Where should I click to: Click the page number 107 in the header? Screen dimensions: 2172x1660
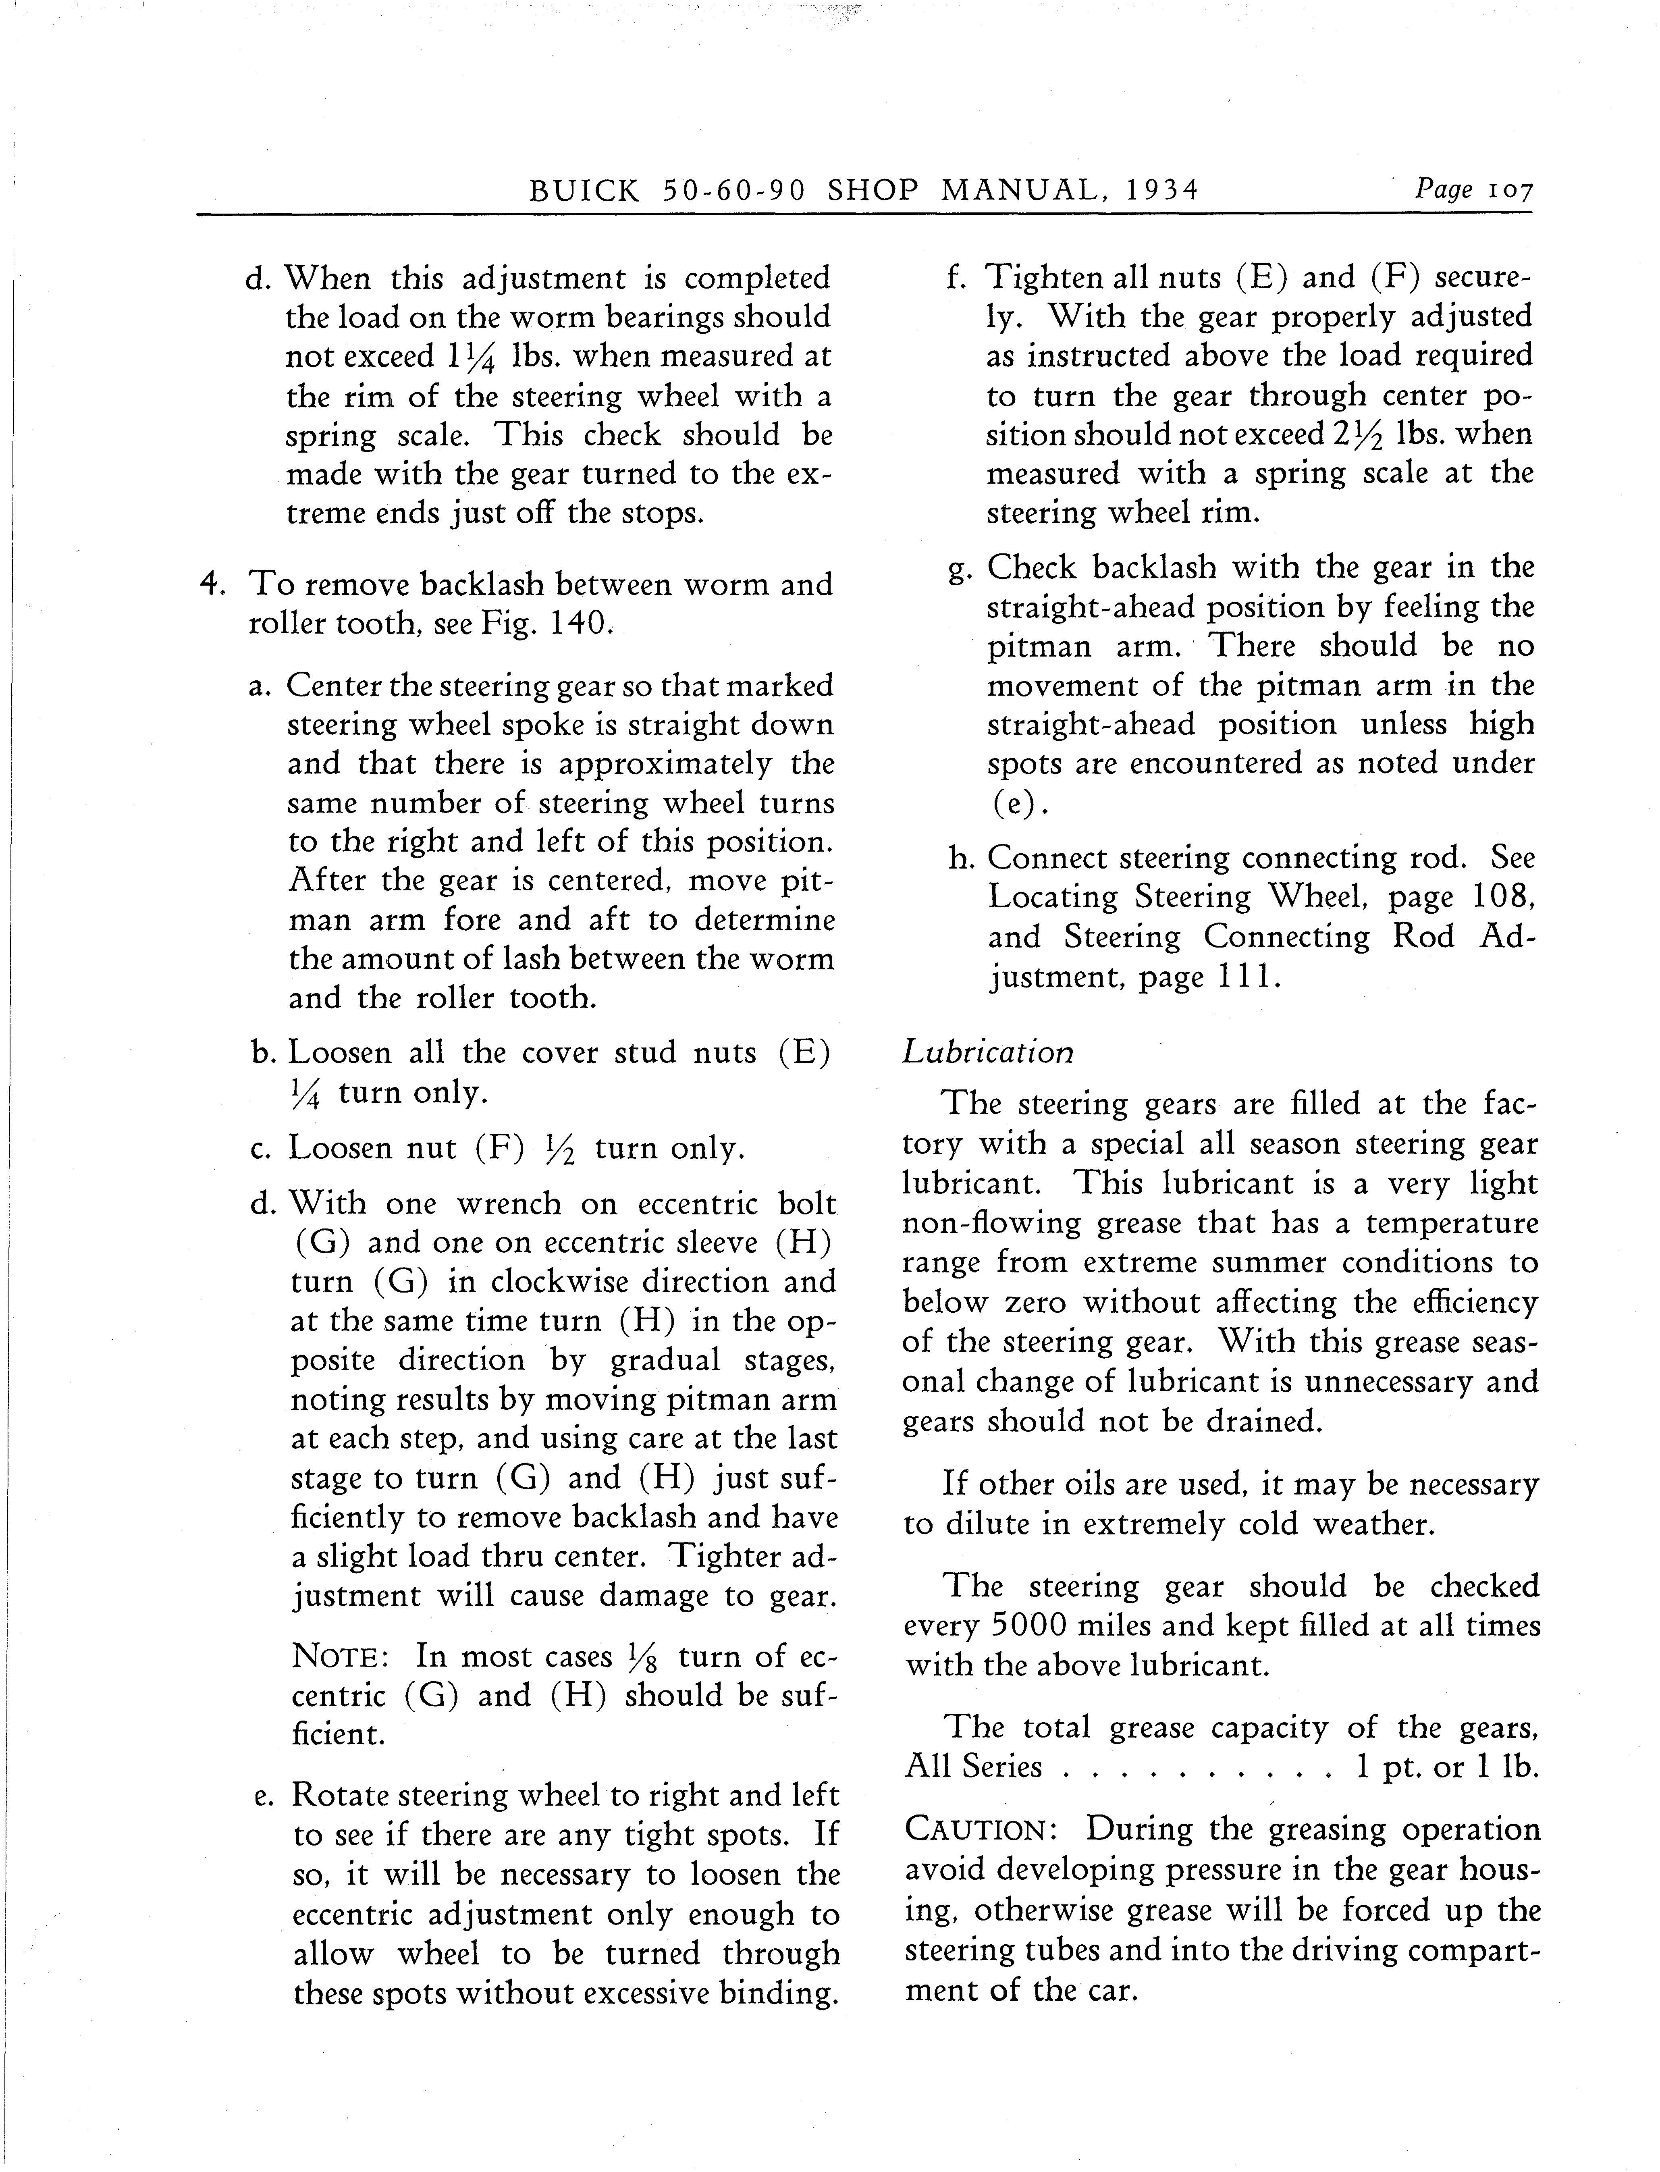[x=1509, y=190]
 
